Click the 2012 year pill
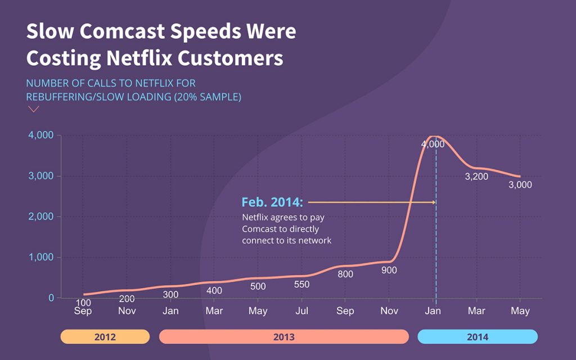(105, 337)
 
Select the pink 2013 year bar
(284, 337)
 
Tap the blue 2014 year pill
(478, 337)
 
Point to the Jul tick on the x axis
(302, 310)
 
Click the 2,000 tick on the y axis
(41, 217)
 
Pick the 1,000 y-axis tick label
(41, 257)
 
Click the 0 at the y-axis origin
(51, 298)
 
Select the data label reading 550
(301, 285)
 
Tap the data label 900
(389, 271)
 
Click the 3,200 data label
(476, 177)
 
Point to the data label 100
(83, 303)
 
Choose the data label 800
(345, 274)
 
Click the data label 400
(214, 291)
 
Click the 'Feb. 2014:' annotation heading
(272, 202)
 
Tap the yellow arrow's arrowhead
(433, 202)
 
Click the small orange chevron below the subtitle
(34, 109)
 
